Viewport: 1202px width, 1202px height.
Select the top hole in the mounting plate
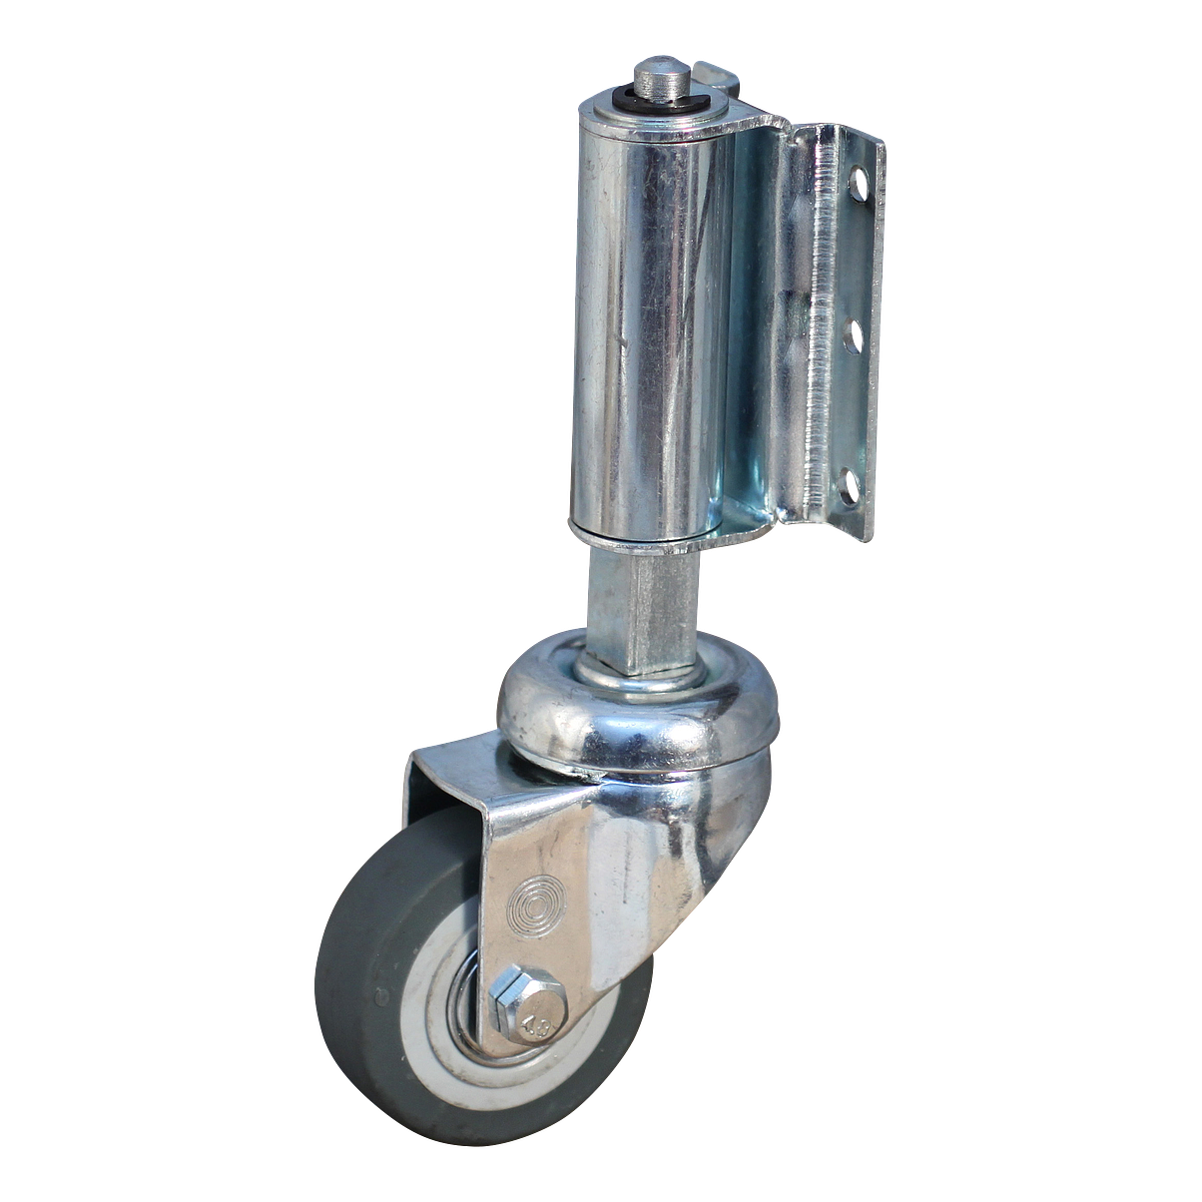click(857, 183)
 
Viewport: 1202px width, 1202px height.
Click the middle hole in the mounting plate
click(854, 335)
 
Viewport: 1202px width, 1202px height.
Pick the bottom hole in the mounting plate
click(851, 488)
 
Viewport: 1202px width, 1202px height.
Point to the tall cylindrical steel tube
click(639, 319)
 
